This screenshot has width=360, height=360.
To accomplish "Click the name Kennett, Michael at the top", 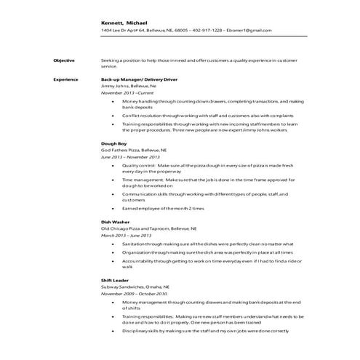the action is tap(124, 23).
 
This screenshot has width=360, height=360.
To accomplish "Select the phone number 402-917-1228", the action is tap(209, 31).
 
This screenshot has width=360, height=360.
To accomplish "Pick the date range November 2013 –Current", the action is tap(127, 93).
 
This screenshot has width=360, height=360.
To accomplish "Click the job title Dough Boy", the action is tap(113, 143).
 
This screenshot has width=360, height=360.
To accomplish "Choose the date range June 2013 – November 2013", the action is tap(130, 158).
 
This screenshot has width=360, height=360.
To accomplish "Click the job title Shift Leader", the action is tap(115, 279).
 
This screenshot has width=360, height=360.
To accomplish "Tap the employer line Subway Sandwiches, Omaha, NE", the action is tap(136, 287).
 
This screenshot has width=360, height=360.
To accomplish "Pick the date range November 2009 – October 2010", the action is tap(134, 294).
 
